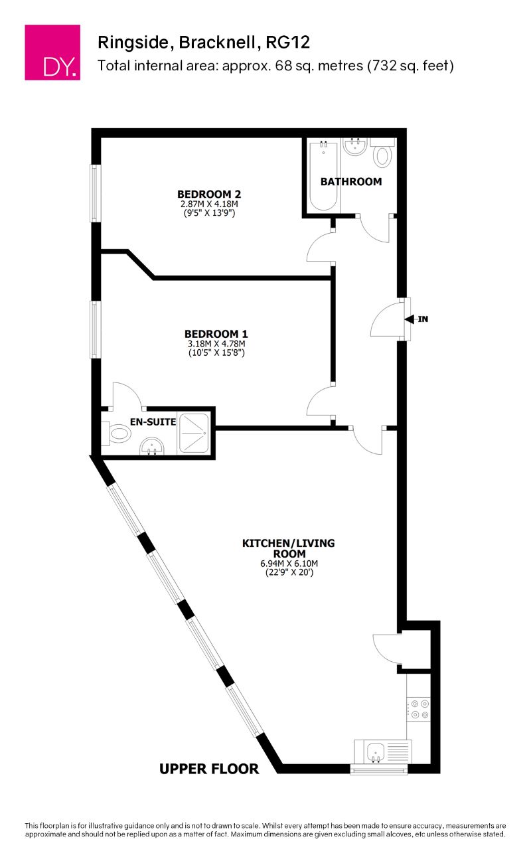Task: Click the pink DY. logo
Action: pyautogui.click(x=52, y=52)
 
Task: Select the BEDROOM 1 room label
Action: pyautogui.click(x=216, y=333)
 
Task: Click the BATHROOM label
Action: pyautogui.click(x=351, y=181)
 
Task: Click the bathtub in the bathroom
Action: pyautogui.click(x=324, y=175)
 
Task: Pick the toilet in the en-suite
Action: pyautogui.click(x=117, y=435)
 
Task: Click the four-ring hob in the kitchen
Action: pyautogui.click(x=418, y=708)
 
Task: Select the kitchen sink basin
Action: pyautogui.click(x=376, y=752)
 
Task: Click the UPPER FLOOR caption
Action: pyautogui.click(x=209, y=769)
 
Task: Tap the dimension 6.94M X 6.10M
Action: pyautogui.click(x=288, y=564)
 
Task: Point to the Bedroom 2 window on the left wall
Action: pyautogui.click(x=96, y=193)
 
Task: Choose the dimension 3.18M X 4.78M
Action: pyautogui.click(x=216, y=344)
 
